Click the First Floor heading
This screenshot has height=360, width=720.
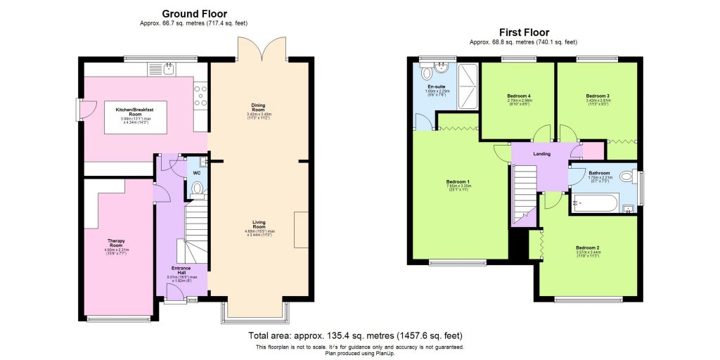(x=523, y=32)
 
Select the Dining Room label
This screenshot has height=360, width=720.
(x=258, y=108)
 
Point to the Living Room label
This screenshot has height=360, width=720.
(x=259, y=224)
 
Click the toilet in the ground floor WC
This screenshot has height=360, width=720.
(x=196, y=188)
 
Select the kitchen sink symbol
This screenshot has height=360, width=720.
(x=165, y=69)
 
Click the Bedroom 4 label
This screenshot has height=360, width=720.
(x=519, y=96)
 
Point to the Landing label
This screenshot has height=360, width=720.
(x=541, y=153)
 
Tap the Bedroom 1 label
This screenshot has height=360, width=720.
(x=458, y=182)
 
